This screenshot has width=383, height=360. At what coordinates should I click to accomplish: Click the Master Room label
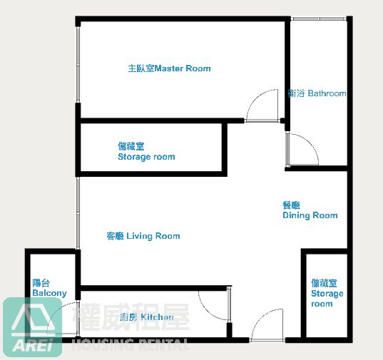[x=169, y=68]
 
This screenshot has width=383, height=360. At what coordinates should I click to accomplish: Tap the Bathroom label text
[x=317, y=93]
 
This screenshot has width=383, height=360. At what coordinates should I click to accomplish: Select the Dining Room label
[x=310, y=210]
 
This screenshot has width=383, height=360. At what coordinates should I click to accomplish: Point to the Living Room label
[x=143, y=236]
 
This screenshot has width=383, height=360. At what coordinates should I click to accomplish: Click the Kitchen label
[x=147, y=317]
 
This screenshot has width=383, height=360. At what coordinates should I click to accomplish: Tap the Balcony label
[x=49, y=288]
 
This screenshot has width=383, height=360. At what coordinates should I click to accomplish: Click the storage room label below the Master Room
[x=146, y=151]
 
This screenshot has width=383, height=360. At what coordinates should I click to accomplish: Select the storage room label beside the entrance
[x=327, y=293]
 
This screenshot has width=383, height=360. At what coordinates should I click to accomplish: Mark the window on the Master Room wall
[x=78, y=64]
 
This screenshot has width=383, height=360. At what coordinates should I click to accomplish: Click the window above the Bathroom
[x=319, y=19]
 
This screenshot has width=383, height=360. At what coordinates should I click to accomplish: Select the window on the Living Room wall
[x=78, y=212]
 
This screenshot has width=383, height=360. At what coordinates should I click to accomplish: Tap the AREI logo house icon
[x=33, y=317]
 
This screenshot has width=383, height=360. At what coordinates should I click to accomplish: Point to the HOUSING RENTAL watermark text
[x=131, y=344]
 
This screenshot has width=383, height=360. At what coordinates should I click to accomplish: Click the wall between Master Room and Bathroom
[x=287, y=73]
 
